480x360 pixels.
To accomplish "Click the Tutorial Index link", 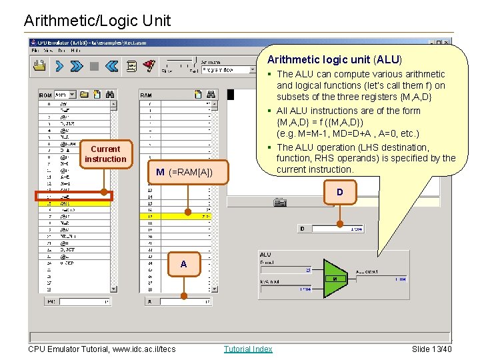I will pyautogui.click(x=248, y=349).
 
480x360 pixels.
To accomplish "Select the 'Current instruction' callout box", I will pyautogui.click(x=105, y=154).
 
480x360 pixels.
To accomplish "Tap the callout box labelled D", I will pyautogui.click(x=340, y=193).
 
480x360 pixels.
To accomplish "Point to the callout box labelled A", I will pyautogui.click(x=183, y=265).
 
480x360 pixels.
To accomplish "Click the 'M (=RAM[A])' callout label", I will pyautogui.click(x=184, y=173).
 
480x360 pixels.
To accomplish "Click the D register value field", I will pyautogui.click(x=338, y=229).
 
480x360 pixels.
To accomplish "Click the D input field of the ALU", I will pyautogui.click(x=287, y=269).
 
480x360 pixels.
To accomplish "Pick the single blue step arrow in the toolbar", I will pyautogui.click(x=59, y=66).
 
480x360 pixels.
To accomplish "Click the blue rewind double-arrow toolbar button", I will pyautogui.click(x=111, y=66).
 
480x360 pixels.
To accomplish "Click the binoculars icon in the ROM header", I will pyautogui.click(x=110, y=95).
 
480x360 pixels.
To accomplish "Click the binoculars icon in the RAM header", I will pyautogui.click(x=211, y=95).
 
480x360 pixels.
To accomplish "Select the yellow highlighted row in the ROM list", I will pyautogui.click(x=74, y=203).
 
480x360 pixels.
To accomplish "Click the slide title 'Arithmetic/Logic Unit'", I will pyautogui.click(x=97, y=21).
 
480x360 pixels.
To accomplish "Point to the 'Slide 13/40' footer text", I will pyautogui.click(x=431, y=349).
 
